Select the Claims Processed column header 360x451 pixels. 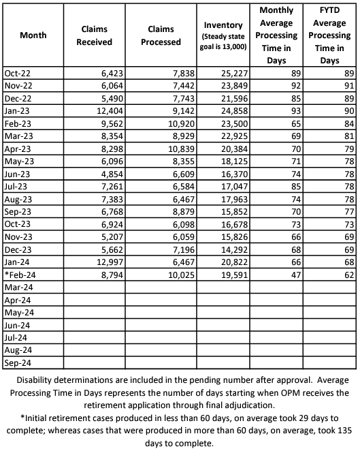point(164,35)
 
